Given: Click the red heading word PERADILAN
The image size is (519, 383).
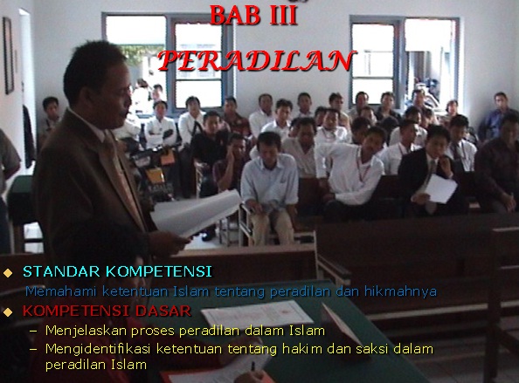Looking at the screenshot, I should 259,59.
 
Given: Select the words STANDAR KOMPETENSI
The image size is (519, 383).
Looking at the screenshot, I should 117,271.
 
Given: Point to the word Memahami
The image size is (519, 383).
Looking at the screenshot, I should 57,291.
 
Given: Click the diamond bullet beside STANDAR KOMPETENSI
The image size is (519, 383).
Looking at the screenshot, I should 9,272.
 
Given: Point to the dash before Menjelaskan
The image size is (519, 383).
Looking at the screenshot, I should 33,331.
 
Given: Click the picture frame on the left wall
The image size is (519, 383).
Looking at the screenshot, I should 8,53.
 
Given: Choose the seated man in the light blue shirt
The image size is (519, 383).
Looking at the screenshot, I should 270,179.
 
